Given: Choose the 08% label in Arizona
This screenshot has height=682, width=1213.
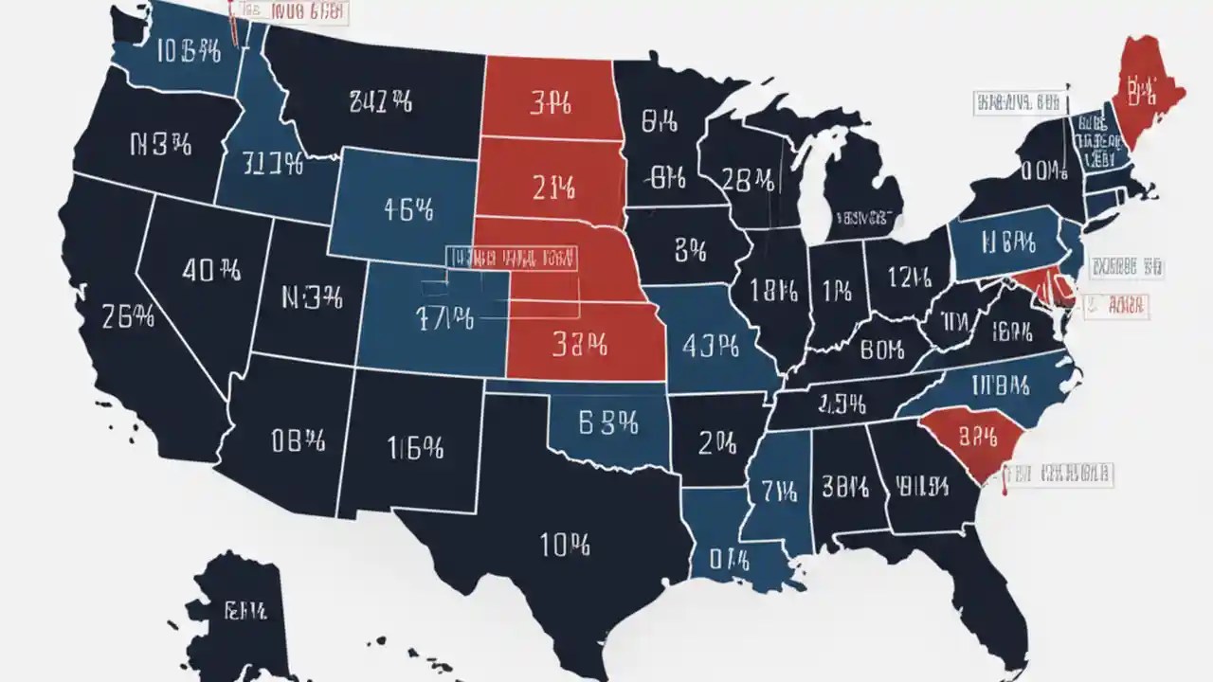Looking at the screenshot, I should (298, 440).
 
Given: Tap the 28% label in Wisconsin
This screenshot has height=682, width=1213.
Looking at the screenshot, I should (749, 180).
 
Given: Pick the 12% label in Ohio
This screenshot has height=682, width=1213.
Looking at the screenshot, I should (912, 276).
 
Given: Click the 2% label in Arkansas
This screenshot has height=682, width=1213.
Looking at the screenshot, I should (717, 441).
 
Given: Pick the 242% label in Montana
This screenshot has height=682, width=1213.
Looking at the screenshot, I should (380, 101).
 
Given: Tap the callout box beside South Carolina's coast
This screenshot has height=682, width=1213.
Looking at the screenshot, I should (1059, 473).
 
